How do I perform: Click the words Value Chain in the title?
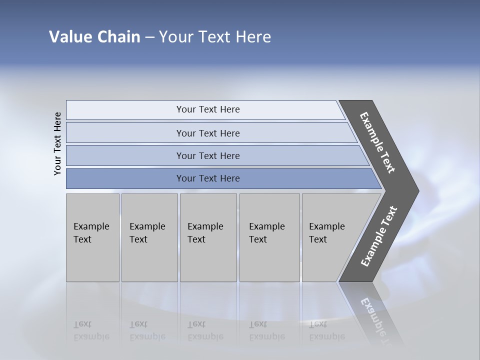point(94,37)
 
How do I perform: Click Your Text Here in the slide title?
point(215,37)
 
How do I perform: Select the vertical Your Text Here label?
point(57,143)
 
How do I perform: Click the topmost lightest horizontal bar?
point(207,109)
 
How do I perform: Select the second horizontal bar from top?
point(208,133)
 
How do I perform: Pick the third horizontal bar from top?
point(208,155)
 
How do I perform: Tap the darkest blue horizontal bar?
point(208,178)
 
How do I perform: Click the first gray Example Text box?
point(92,237)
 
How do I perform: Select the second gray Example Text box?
point(149,237)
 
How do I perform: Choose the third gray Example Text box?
point(208,237)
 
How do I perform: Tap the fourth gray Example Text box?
point(269,237)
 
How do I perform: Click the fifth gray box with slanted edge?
point(330,237)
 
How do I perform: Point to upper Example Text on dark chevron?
point(377,142)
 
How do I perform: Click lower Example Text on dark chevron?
point(378,236)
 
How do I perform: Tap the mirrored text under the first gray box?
point(91,330)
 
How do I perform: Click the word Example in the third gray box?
point(205,226)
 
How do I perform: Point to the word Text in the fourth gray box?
point(258,239)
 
